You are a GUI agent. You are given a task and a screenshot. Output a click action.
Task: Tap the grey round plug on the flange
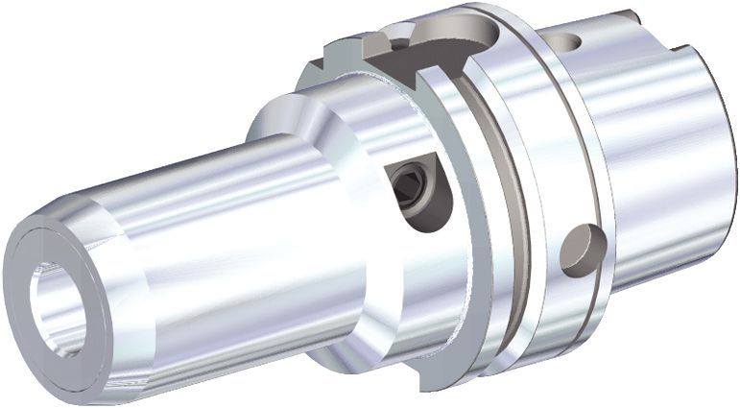[x=579, y=251]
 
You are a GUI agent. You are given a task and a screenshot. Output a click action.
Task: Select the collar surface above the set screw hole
[x=384, y=115]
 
